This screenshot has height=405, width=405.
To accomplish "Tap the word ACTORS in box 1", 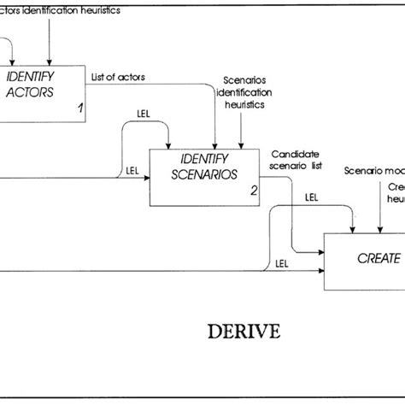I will click(30, 91).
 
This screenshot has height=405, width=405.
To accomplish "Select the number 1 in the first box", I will click(79, 109).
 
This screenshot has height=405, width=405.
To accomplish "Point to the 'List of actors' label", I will click(118, 76).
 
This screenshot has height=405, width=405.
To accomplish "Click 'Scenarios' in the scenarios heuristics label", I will click(244, 79).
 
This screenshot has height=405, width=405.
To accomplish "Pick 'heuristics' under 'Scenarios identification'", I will click(243, 103).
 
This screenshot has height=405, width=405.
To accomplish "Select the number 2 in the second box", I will click(253, 191).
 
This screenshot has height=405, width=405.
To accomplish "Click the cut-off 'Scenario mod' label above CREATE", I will click(374, 172).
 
